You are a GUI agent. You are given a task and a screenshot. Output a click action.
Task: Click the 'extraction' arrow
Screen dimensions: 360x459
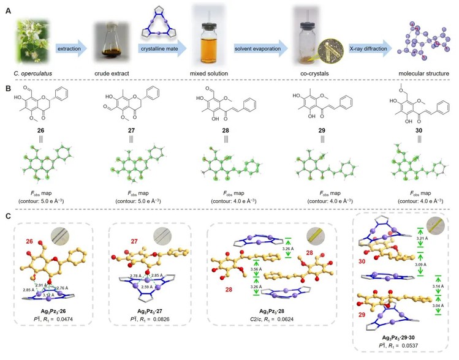[70, 47]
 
